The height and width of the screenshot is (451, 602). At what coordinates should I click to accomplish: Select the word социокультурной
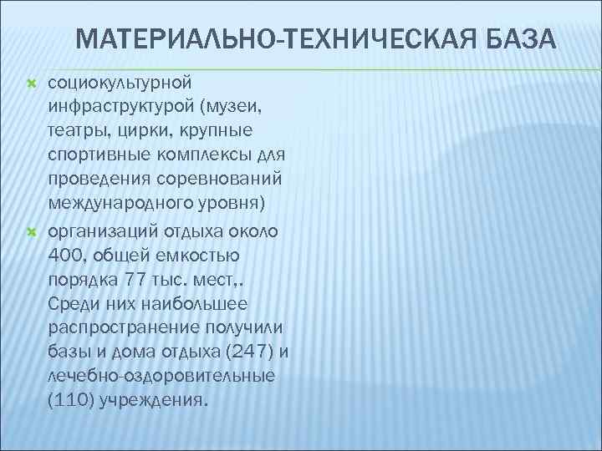coord(120,84)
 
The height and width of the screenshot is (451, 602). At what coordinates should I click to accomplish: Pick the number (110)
coord(71,401)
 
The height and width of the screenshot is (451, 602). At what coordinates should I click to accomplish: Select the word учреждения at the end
coord(153,401)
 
